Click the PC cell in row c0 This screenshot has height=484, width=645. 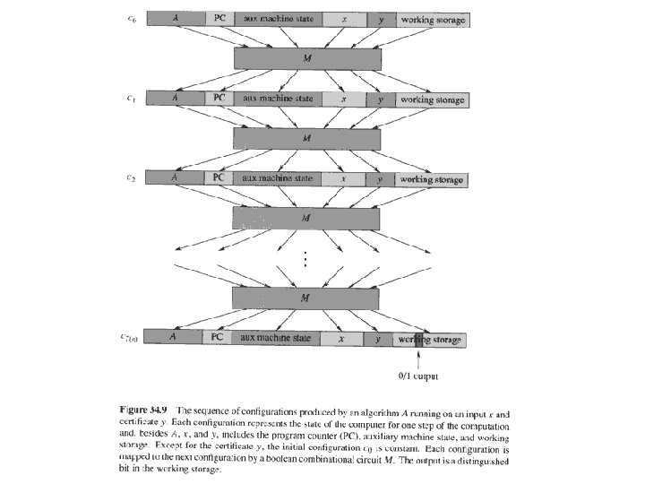click(219, 19)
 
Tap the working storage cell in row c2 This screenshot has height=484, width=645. click(433, 179)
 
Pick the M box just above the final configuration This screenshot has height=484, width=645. click(306, 298)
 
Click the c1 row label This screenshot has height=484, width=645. click(132, 99)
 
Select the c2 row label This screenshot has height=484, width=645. click(132, 178)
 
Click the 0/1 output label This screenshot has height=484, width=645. click(418, 376)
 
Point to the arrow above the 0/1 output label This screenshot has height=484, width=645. click(418, 357)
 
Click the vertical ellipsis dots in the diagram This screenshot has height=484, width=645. click(305, 258)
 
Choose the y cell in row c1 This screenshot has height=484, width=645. click(380, 99)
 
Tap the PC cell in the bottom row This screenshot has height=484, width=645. click(218, 338)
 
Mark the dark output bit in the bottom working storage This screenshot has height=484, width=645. click(417, 339)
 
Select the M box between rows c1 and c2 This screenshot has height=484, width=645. click(306, 138)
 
